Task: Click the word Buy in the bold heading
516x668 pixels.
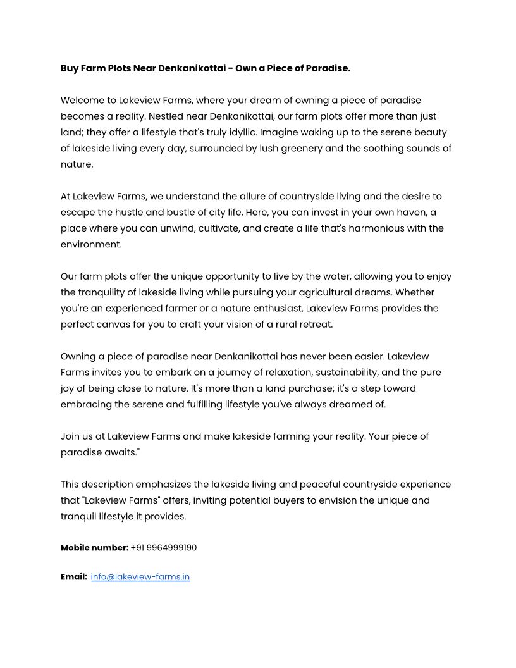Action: pos(69,68)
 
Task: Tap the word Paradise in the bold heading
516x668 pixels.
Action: pos(327,68)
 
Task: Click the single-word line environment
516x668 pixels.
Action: pos(91,244)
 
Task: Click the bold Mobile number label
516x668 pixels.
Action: pos(94,548)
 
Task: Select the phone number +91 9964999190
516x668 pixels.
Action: pos(164,548)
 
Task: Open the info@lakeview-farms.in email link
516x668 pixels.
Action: pos(140,577)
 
